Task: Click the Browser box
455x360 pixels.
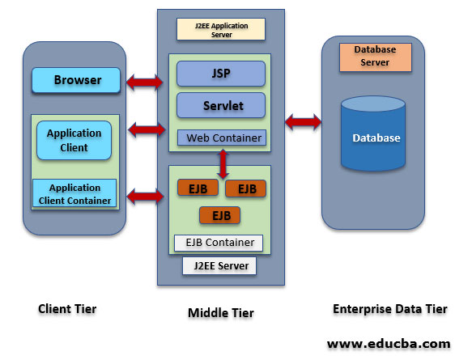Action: click(77, 80)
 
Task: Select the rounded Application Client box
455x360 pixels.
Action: click(74, 141)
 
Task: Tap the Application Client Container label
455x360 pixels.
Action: click(74, 193)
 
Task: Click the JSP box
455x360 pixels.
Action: click(221, 73)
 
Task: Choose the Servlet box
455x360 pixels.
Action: click(221, 105)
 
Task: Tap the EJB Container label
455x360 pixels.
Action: click(219, 242)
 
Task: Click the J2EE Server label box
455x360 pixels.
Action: click(220, 265)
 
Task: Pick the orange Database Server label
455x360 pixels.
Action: click(375, 56)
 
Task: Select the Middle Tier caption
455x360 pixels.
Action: click(220, 312)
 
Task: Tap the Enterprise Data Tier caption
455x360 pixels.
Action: click(389, 309)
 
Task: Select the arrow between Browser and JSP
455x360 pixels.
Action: click(146, 80)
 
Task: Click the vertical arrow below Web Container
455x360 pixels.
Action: click(220, 163)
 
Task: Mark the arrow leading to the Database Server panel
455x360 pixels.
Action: click(303, 122)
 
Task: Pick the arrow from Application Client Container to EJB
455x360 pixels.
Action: click(146, 195)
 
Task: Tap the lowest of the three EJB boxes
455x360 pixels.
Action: click(220, 215)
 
